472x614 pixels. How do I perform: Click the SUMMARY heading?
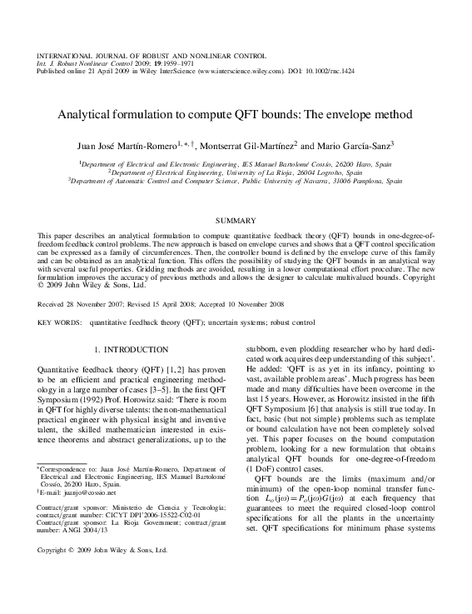[236, 220]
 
